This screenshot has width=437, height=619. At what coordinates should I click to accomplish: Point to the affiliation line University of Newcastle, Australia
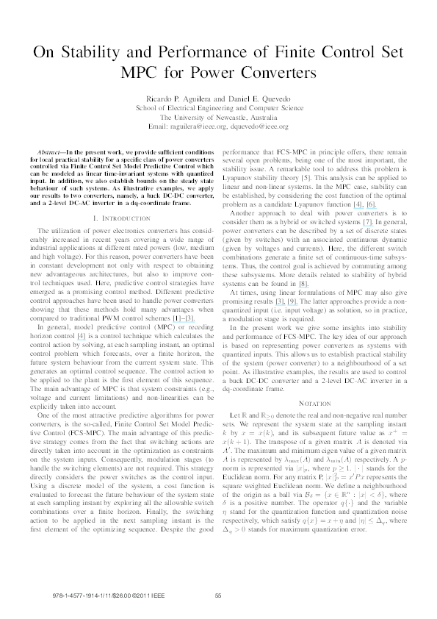(x=218, y=117)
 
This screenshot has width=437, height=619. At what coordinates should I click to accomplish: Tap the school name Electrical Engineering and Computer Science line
(x=218, y=107)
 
